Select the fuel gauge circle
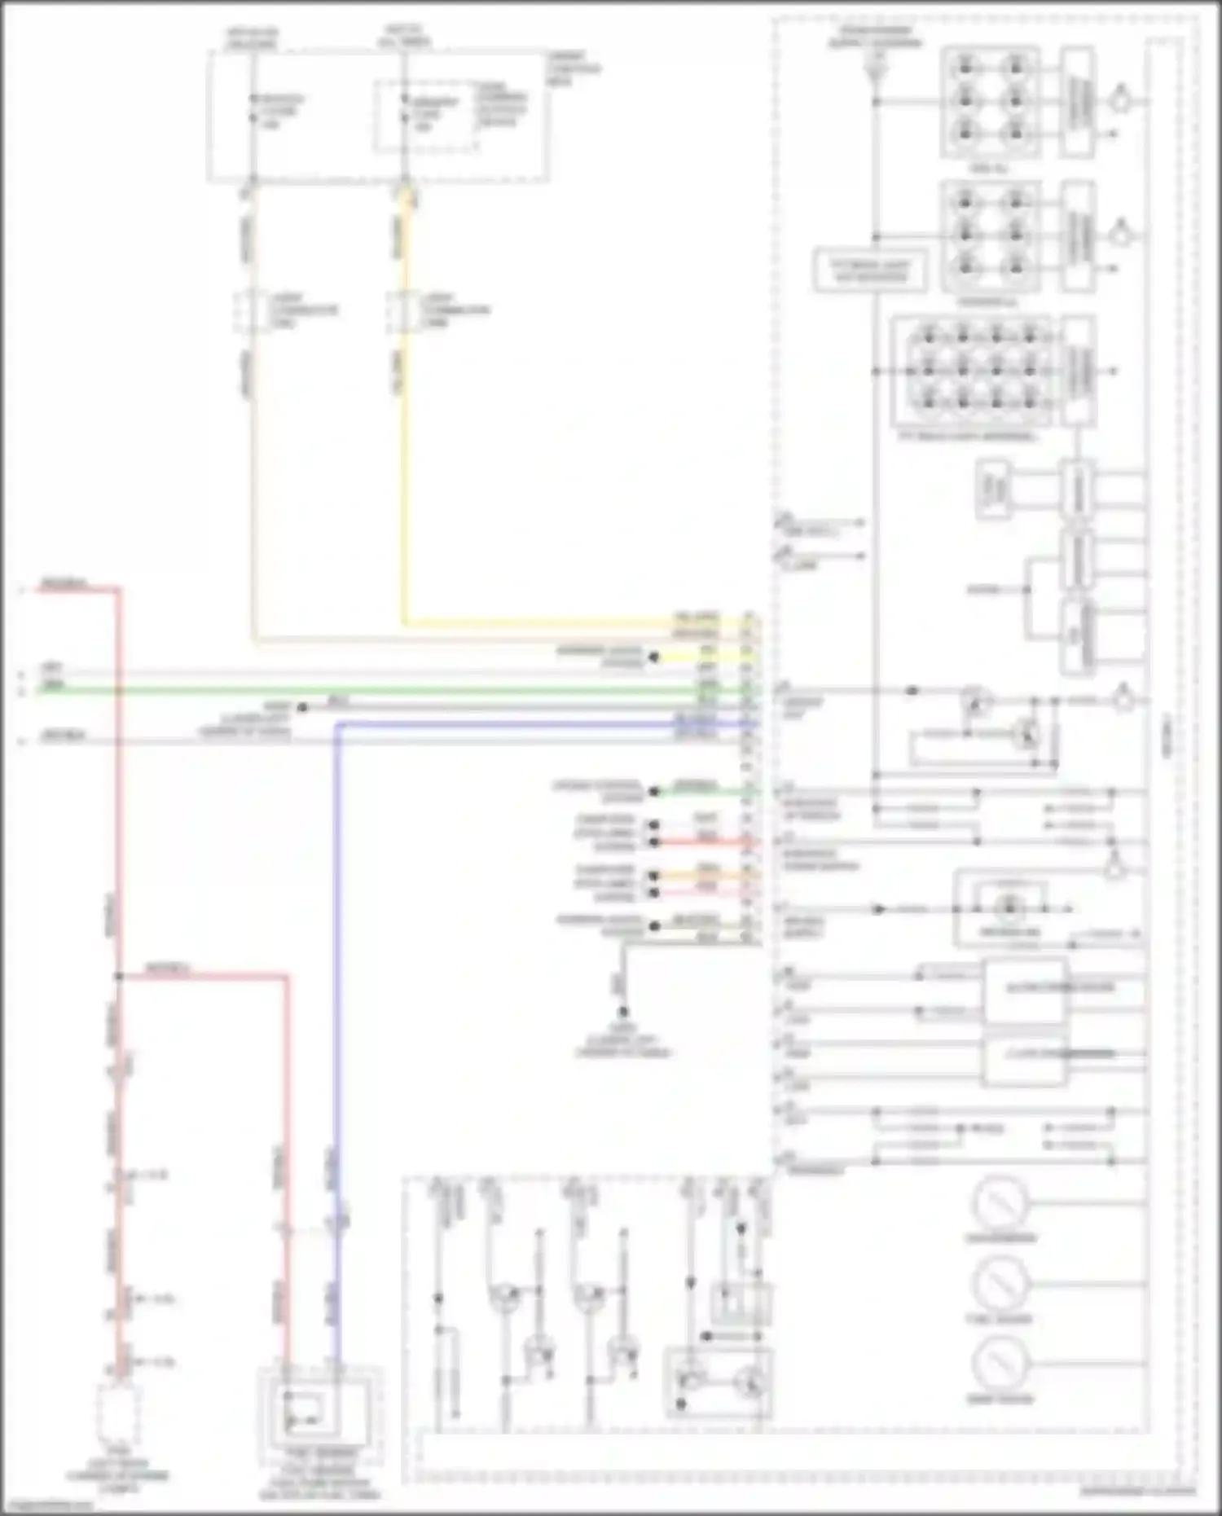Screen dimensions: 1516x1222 pyautogui.click(x=1000, y=1282)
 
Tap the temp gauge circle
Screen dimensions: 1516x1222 pyautogui.click(x=1000, y=1363)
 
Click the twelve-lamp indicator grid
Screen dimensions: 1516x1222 pyautogui.click(x=978, y=371)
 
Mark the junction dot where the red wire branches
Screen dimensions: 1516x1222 pyautogui.click(x=119, y=976)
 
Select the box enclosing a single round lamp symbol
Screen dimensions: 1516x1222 pyautogui.click(x=1009, y=907)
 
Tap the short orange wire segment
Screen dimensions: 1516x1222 pyautogui.click(x=701, y=876)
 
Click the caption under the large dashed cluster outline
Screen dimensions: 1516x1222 pyautogui.click(x=1137, y=1492)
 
